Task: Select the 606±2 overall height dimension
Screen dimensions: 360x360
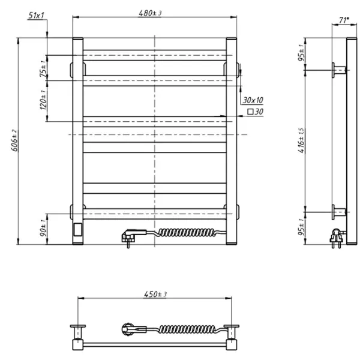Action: tap(14, 142)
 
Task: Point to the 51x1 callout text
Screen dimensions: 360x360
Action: tap(37, 15)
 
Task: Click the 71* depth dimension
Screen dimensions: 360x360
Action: tap(344, 20)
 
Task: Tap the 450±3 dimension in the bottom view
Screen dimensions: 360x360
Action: tap(155, 294)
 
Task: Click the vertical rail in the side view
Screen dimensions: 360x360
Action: tap(352, 142)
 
